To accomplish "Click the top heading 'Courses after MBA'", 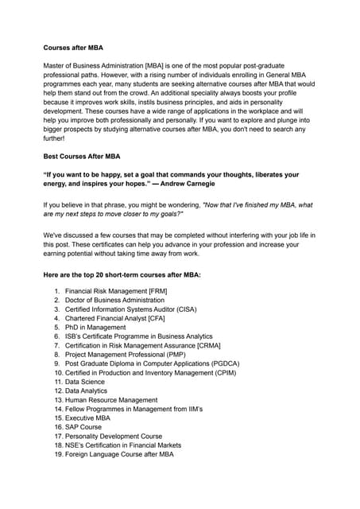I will pyautogui.click(x=74, y=48).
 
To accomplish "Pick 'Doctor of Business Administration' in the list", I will pyautogui.click(x=114, y=301).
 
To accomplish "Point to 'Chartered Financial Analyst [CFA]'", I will pyautogui.click(x=116, y=318).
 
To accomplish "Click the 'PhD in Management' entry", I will pyautogui.click(x=95, y=328).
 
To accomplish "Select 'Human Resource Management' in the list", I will pyautogui.click(x=111, y=400).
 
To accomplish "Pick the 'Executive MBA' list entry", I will pyautogui.click(x=87, y=418).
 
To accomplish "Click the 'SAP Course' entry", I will pyautogui.click(x=83, y=427).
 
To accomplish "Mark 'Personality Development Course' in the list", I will pyautogui.click(x=114, y=436).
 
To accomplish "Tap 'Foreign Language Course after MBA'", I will pyautogui.click(x=119, y=454).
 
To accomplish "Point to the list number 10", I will pyautogui.click(x=58, y=373).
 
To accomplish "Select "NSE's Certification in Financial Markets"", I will pyautogui.click(x=123, y=445).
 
